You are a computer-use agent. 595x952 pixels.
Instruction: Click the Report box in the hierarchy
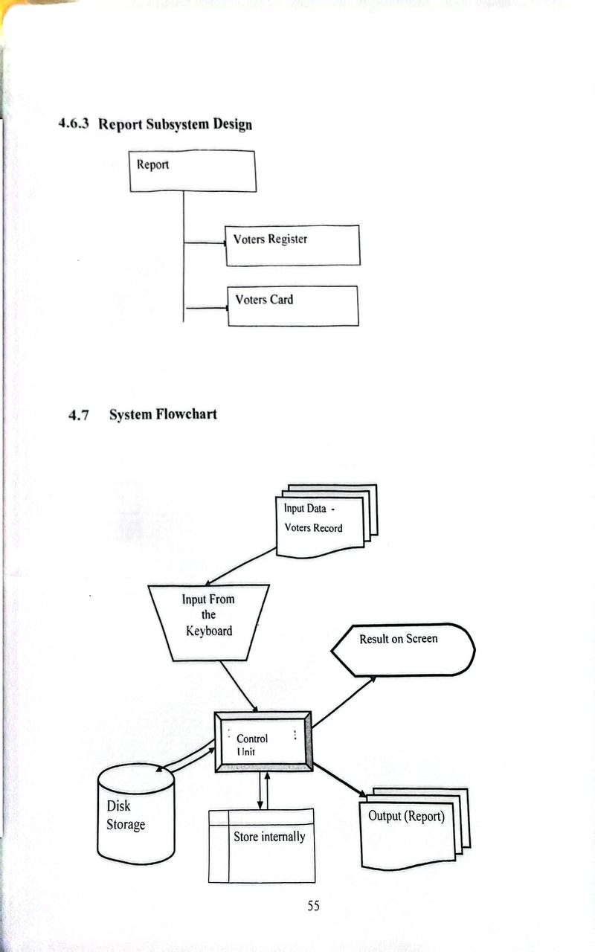(193, 171)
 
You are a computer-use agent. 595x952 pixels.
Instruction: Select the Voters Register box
(293, 245)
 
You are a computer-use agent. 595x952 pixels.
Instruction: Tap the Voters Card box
(293, 306)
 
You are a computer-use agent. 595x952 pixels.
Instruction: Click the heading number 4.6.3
(74, 123)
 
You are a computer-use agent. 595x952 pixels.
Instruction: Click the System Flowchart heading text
(163, 414)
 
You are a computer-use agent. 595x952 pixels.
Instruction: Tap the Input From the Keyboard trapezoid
(208, 622)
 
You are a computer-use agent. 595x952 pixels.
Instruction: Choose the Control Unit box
(263, 741)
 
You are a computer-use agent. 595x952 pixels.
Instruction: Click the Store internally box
(262, 846)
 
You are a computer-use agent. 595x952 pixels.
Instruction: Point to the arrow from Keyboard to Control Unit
(239, 685)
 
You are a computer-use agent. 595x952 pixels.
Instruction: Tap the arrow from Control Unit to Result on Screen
(343, 702)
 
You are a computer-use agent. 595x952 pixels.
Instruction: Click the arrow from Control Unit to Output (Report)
(338, 779)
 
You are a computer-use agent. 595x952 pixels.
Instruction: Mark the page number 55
(313, 906)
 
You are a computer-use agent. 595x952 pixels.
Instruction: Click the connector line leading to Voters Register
(205, 242)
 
